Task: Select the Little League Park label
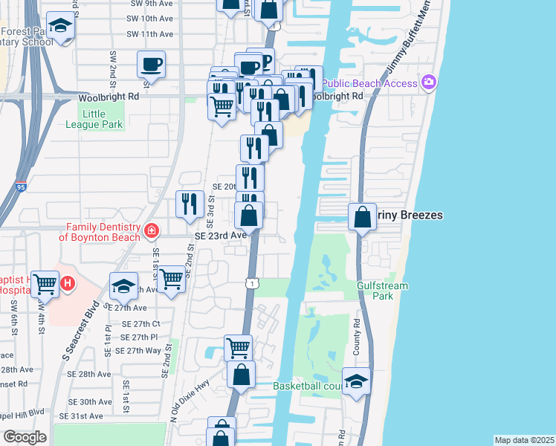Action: coord(101,119)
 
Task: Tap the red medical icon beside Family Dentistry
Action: coord(152,231)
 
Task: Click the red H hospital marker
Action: coord(68,283)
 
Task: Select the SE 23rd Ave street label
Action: coord(220,235)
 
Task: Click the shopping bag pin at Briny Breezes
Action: coord(362,217)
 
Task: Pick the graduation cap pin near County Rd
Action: coord(357,381)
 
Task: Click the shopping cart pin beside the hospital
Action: coord(46,282)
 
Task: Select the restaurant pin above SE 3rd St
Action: coord(190,203)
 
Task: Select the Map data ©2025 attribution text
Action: coord(523,440)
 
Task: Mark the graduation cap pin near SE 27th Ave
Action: coord(123,285)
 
